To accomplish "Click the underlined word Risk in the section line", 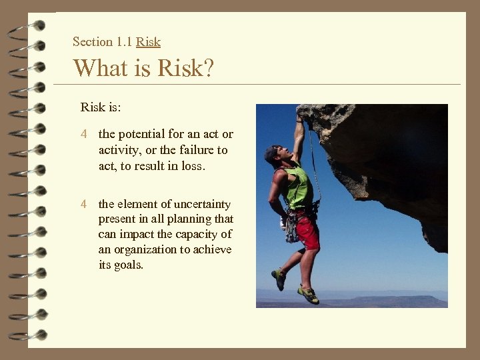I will [148, 42].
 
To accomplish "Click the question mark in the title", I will [207, 68].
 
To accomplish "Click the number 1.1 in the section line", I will [124, 42].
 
